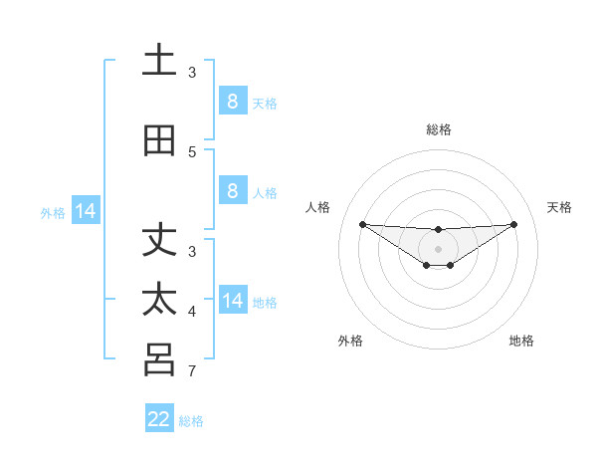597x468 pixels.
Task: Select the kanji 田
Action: [159, 141]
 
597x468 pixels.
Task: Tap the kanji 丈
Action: [159, 242]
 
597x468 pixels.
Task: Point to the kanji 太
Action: [159, 300]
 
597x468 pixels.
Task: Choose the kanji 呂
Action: [159, 359]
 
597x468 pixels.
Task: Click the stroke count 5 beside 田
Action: [192, 151]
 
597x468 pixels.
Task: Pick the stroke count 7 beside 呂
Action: [192, 372]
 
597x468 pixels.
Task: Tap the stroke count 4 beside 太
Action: [192, 312]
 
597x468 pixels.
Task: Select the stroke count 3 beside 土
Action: [192, 72]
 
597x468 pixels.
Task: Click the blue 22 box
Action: [159, 419]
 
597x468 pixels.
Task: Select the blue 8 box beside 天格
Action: [232, 101]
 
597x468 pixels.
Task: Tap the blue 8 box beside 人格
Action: [232, 191]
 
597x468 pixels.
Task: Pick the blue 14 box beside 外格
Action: [86, 211]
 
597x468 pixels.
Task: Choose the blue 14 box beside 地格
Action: [232, 300]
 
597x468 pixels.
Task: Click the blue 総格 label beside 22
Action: [191, 421]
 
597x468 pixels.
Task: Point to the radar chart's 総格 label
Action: [438, 129]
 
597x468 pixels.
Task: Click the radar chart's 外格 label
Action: [350, 341]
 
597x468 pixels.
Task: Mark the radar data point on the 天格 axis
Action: [514, 224]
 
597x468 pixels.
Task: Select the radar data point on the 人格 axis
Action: [362, 224]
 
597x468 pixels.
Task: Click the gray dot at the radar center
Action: [438, 248]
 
